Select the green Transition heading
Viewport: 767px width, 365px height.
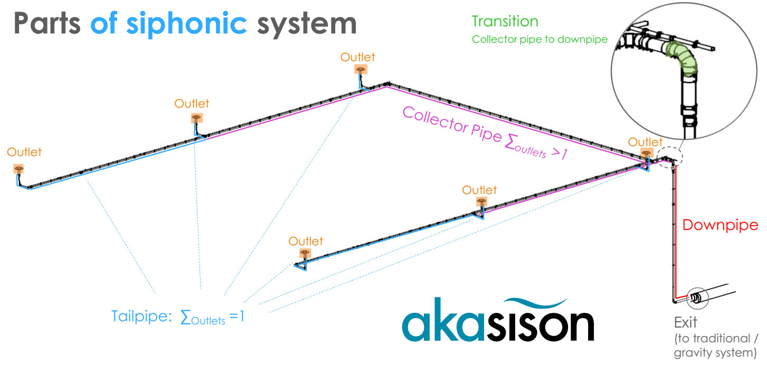pos(505,22)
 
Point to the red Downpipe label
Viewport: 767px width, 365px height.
pos(720,225)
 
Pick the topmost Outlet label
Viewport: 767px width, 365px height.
pos(357,56)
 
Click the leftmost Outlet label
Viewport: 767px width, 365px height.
pos(24,152)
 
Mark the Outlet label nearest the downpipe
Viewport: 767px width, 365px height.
pos(645,142)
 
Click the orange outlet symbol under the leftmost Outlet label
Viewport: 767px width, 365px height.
pos(19,169)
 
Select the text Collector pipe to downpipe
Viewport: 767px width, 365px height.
pos(539,40)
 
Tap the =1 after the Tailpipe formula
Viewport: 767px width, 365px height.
pos(236,318)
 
